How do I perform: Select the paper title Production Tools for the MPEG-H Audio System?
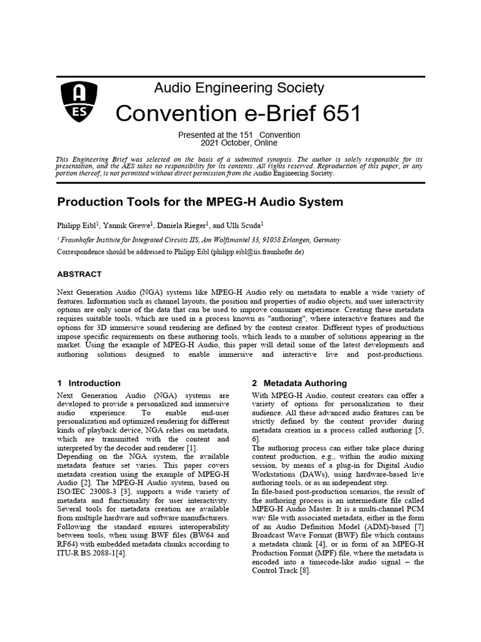point(200,203)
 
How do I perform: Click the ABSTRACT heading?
point(80,274)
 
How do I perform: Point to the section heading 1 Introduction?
point(88,383)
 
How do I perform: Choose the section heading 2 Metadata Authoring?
point(299,383)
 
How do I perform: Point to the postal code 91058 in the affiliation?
point(280,239)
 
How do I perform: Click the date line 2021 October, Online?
point(239,143)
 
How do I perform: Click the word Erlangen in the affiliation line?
point(306,239)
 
